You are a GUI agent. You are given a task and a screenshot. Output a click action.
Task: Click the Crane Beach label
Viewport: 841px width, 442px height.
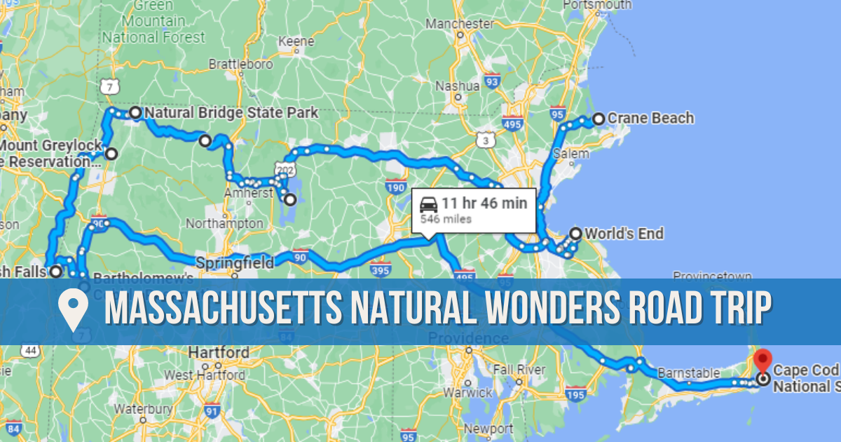coord(650,118)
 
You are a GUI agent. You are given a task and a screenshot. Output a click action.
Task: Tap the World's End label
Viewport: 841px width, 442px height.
coord(624,234)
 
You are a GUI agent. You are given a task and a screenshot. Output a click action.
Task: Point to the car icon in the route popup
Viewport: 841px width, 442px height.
coord(429,205)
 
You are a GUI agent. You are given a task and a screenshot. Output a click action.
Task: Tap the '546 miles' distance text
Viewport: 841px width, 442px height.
coord(446,219)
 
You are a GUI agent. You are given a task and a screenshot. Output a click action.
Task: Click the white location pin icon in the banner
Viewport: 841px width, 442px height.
coord(73,309)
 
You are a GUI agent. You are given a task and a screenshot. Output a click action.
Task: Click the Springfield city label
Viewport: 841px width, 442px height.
coord(235,263)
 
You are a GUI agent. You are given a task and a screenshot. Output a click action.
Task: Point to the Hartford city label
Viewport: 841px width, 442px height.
coord(219,352)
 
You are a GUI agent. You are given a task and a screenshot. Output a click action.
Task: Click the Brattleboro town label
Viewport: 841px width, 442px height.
coord(240,65)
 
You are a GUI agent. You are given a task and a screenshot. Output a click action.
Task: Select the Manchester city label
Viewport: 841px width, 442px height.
coord(460,23)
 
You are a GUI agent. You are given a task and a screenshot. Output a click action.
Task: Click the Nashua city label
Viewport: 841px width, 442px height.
coord(457,86)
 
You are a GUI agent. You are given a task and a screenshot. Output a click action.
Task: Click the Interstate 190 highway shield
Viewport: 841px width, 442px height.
coord(395,187)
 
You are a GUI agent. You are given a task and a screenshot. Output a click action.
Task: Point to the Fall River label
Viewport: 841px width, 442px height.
coord(519,369)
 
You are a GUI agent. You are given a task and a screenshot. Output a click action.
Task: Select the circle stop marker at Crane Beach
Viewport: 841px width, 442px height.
coord(599,119)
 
